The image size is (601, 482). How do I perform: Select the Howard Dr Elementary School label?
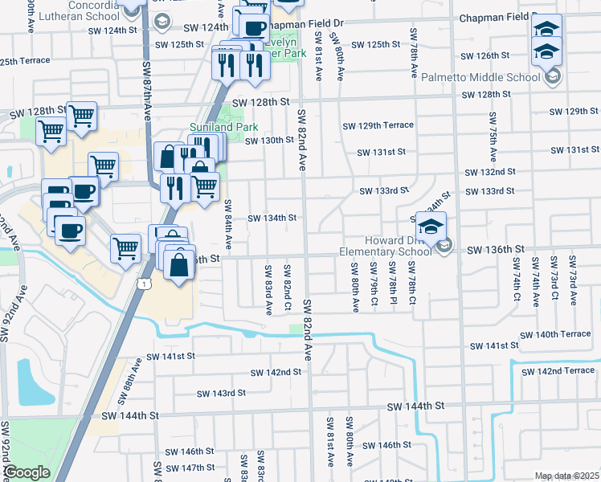coord(386,246)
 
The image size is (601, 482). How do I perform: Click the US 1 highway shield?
coord(143,283)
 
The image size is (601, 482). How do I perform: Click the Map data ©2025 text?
coord(566,476)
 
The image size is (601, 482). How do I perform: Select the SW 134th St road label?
coord(272,219)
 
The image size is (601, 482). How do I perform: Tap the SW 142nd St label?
coord(275,373)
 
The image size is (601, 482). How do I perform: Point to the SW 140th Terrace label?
coord(555,334)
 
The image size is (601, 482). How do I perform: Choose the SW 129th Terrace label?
coord(378,125)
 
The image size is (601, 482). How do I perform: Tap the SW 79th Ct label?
coord(374,283)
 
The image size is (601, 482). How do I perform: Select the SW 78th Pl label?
coord(392,283)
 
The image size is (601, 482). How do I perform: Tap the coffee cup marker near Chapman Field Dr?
coord(256,27)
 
